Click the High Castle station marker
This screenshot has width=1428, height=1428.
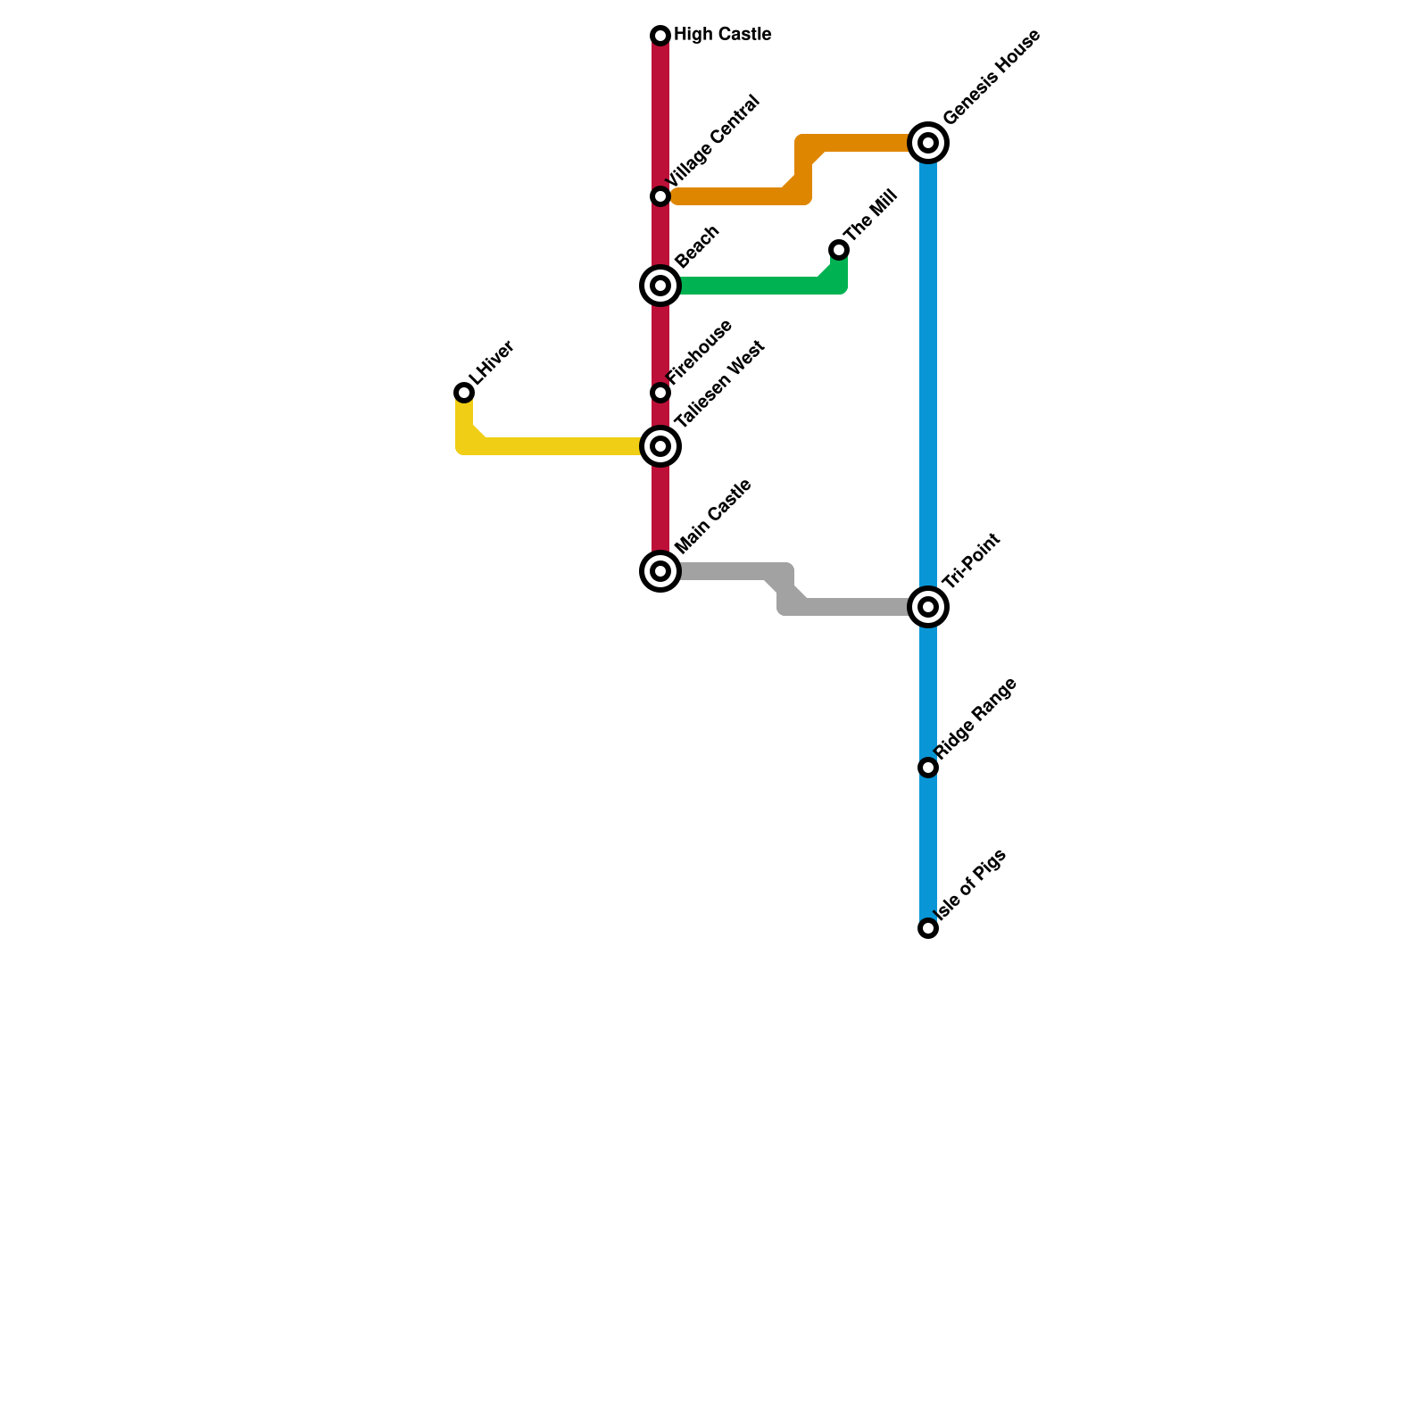660,36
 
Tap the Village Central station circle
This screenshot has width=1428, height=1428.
660,196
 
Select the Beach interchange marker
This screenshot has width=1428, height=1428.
660,286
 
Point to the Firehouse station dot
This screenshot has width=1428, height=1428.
660,393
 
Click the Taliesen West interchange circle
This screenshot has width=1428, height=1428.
660,446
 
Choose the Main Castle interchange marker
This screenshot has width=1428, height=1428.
660,571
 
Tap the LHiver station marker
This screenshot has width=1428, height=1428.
464,393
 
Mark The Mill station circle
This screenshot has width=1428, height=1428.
839,250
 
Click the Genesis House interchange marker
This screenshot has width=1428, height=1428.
928,143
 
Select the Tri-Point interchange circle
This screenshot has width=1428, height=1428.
928,607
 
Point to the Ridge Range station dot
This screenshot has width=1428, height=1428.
928,768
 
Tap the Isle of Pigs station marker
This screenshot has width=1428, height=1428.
928,928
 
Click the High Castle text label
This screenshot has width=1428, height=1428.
722,35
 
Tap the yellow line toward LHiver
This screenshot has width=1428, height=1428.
553,446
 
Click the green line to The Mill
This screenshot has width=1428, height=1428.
750,286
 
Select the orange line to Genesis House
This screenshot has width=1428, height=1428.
732,196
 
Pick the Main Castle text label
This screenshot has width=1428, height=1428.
713,517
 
